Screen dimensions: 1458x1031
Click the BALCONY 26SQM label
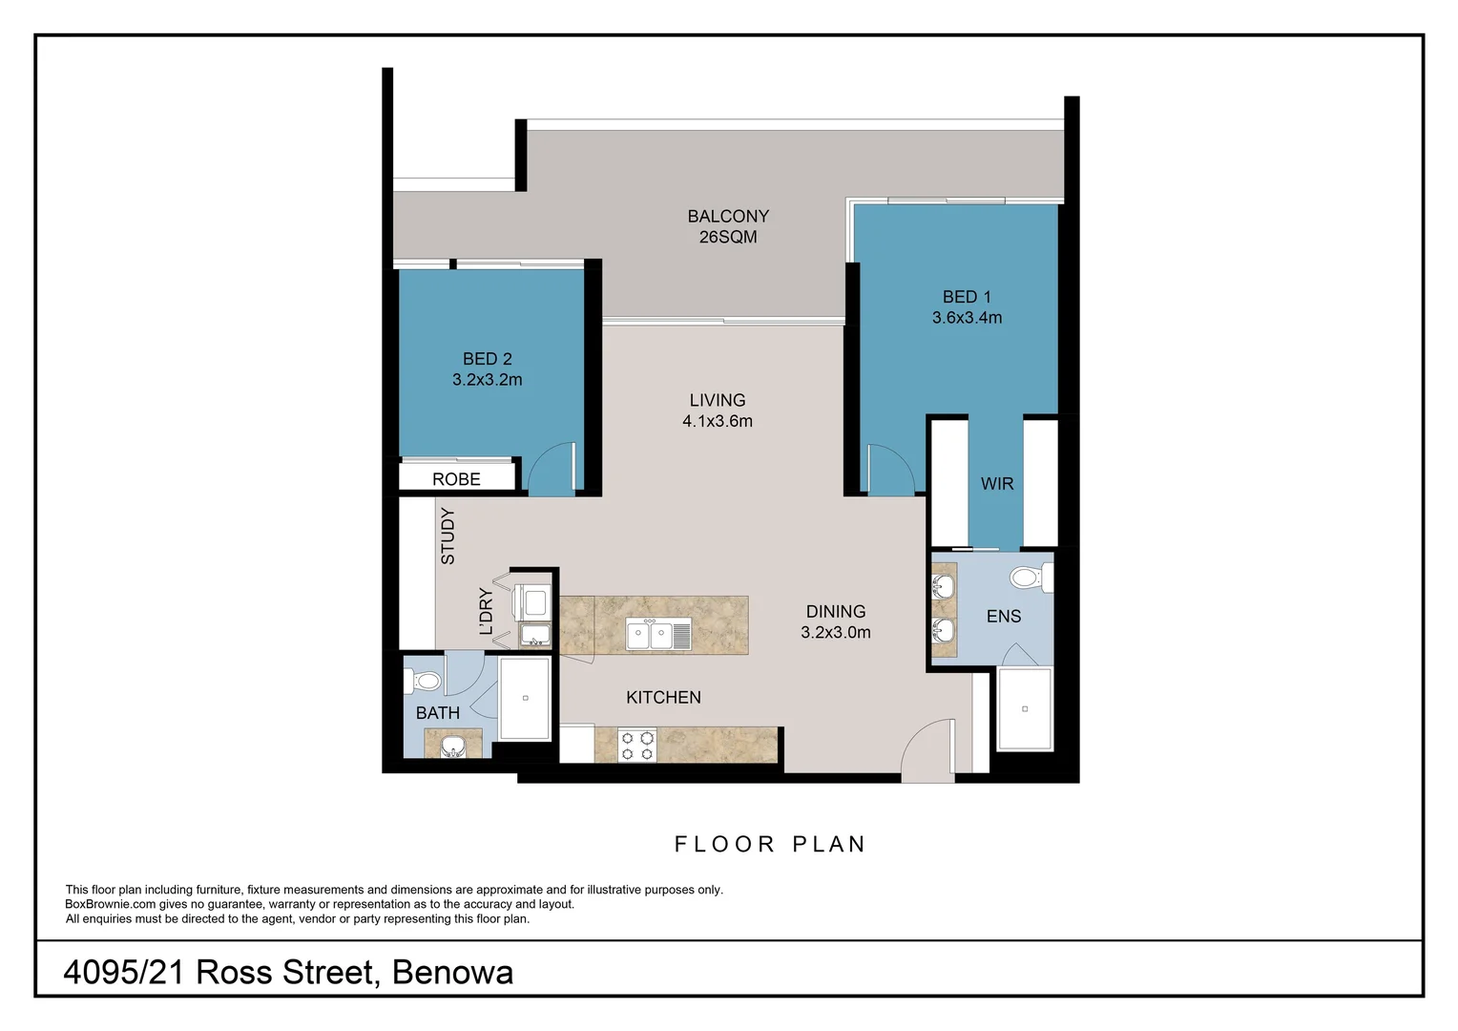coord(728,226)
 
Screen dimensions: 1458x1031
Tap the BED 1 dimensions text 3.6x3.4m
coord(967,318)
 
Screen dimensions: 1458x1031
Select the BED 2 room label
coord(488,359)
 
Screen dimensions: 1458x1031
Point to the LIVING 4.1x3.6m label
coord(718,410)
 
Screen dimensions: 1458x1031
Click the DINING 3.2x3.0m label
coord(836,622)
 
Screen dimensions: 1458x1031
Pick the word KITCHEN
coord(663,698)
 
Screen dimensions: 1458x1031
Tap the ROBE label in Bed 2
coord(456,479)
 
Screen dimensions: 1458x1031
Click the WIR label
coord(997,484)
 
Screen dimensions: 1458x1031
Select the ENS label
coord(1004,616)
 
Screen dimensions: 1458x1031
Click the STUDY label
coord(448,536)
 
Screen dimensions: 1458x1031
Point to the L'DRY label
coord(487,611)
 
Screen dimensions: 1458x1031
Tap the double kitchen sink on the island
coord(658,635)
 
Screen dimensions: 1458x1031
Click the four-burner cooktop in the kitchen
coord(636,746)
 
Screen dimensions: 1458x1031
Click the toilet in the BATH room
coord(423,682)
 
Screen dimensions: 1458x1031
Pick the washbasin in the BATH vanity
coord(453,746)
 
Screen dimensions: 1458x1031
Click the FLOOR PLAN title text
coord(770,844)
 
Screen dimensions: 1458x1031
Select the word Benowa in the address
coord(452,973)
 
